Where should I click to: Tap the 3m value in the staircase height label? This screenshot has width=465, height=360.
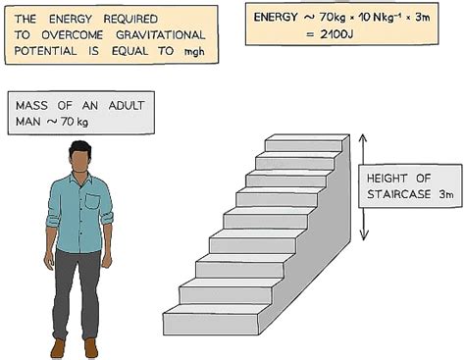(x=444, y=195)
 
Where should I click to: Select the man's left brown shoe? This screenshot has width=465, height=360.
(x=92, y=347)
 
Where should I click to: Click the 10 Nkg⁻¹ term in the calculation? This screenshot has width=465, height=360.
(x=373, y=17)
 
